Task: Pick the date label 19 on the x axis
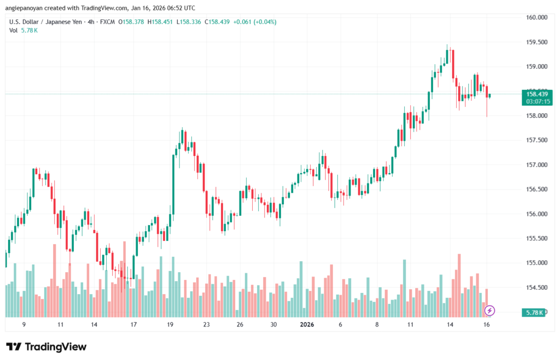click(170, 325)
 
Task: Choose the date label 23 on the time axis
click(206, 325)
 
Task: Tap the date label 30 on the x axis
click(273, 325)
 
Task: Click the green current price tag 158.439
click(536, 94)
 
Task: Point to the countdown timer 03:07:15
click(536, 101)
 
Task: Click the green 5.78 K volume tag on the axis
click(534, 312)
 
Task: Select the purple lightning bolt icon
click(490, 311)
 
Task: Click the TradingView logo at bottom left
click(46, 347)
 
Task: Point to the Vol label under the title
click(13, 30)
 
